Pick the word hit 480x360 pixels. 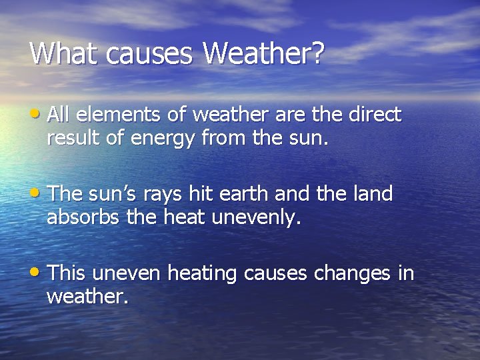coord(210,194)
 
